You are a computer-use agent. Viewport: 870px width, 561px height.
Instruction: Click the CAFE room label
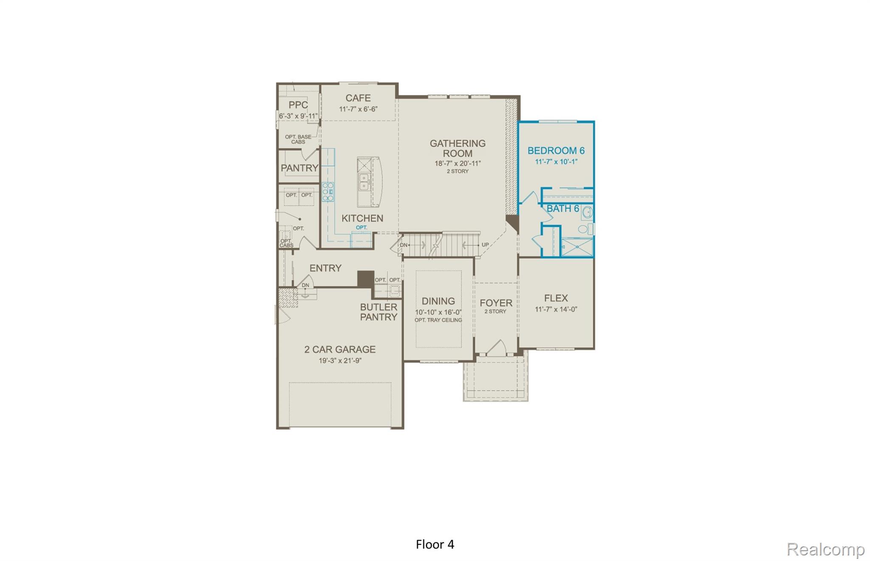point(358,98)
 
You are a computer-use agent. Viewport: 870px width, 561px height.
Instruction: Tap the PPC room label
point(298,105)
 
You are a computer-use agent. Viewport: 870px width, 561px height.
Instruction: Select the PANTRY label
point(299,168)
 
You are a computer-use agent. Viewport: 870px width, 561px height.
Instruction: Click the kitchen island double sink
point(364,182)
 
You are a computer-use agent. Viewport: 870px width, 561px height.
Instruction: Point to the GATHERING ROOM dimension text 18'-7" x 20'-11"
point(458,164)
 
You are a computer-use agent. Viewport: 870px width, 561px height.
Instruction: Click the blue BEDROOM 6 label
point(556,151)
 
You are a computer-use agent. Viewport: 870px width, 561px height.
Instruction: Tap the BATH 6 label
point(562,209)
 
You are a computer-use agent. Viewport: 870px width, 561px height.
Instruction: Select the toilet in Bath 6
point(584,230)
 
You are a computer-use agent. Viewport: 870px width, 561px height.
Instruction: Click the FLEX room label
point(556,298)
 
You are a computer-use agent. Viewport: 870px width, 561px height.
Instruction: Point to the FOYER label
point(496,303)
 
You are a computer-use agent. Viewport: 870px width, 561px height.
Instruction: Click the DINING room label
point(438,301)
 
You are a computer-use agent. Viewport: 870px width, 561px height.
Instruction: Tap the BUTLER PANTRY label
point(379,312)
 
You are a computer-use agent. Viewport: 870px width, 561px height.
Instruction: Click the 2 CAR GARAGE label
point(340,350)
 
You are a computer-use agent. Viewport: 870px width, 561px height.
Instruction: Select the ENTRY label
point(325,268)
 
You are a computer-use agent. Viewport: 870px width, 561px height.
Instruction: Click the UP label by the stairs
point(485,245)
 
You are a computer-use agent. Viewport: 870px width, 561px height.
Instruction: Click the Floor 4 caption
point(435,544)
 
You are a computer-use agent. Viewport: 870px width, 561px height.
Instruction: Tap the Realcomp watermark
point(825,549)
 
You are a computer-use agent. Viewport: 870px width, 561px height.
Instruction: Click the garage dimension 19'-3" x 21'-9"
point(340,361)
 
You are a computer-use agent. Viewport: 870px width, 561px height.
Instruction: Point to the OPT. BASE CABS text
point(298,139)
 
